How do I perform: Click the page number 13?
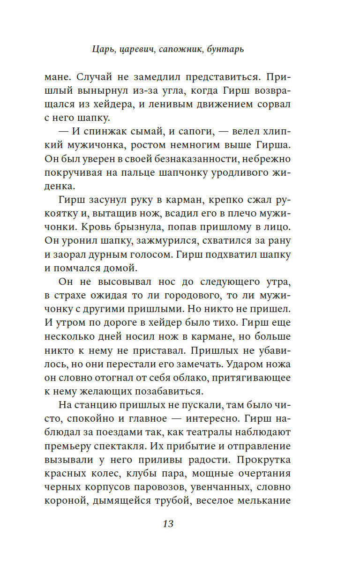(x=168, y=523)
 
